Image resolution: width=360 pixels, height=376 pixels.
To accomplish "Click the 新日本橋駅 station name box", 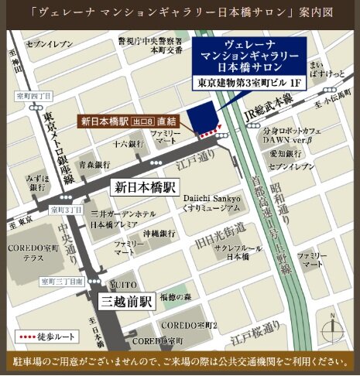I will click(146, 187).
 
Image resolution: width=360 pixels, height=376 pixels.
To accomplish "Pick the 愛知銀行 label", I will click(284, 153).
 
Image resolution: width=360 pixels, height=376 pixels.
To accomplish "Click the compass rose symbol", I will click(334, 324).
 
